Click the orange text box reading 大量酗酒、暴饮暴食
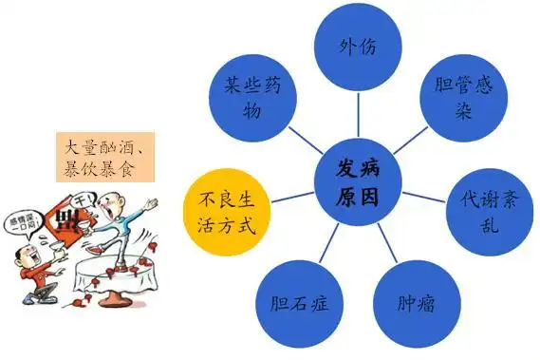click(100, 158)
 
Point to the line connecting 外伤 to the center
click(359, 114)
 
